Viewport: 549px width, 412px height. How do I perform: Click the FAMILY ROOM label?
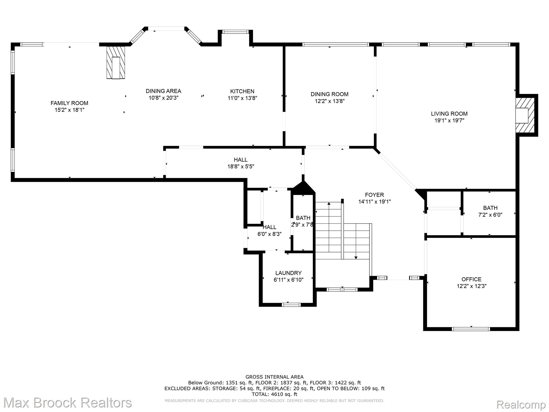pos(69,103)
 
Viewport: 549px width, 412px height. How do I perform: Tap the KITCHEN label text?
pos(242,91)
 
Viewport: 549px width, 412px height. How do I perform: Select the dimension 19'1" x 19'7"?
pos(449,120)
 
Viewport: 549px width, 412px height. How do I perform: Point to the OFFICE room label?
pos(472,279)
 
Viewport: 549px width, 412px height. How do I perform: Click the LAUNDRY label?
pos(288,273)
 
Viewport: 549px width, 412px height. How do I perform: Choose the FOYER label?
pos(374,195)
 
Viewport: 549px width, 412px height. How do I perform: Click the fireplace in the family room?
pos(116,62)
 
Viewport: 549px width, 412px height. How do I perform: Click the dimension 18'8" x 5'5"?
pos(241,167)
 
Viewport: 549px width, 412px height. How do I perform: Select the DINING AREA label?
pos(164,91)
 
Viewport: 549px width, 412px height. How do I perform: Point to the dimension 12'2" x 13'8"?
pos(330,101)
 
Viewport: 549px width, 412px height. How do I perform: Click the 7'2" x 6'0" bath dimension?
pos(490,215)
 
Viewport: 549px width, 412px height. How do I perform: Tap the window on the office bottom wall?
pos(471,329)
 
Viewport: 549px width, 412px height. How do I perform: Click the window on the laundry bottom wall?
pos(292,304)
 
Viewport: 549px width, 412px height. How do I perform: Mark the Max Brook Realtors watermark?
pos(68,403)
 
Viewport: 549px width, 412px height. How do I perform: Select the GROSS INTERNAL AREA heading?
pos(274,377)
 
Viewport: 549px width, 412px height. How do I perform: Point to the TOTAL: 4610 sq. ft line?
pos(274,394)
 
